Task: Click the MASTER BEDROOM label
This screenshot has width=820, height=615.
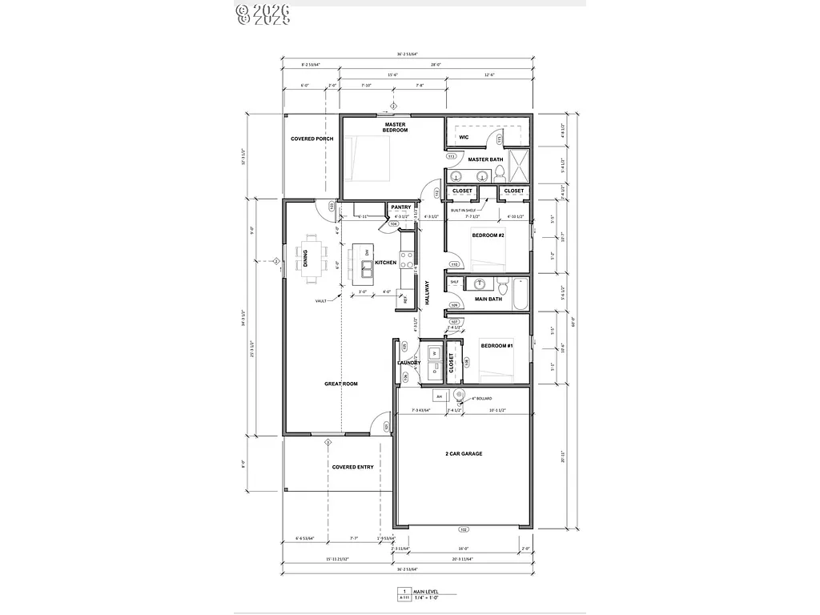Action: (396, 127)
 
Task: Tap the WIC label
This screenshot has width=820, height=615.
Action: (464, 137)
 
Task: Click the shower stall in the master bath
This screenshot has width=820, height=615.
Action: (519, 166)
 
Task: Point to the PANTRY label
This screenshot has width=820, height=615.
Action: (401, 207)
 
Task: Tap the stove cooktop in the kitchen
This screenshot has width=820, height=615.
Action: (408, 259)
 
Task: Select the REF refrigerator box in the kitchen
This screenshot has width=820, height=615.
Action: (406, 299)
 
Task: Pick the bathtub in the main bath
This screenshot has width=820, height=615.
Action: (519, 294)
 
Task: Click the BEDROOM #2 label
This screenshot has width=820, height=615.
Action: (487, 235)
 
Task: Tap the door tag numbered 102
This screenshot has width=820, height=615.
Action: (463, 529)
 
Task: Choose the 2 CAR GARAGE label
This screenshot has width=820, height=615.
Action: (464, 454)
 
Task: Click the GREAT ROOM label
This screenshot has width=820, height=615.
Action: (341, 384)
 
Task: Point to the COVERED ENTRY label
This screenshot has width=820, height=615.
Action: (352, 467)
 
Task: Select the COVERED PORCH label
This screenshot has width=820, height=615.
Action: (312, 139)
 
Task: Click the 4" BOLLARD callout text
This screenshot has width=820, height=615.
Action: (481, 398)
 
